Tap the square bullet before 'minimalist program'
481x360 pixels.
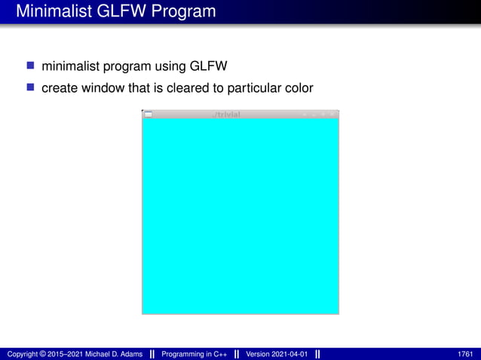click(31, 67)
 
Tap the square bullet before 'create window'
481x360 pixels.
click(31, 88)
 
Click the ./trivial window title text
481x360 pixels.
click(226, 114)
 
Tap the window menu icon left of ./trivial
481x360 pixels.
click(148, 114)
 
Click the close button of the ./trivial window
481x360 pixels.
click(332, 114)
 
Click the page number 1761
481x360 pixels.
click(465, 354)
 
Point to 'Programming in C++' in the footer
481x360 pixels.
click(195, 354)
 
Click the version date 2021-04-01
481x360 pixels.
click(290, 354)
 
